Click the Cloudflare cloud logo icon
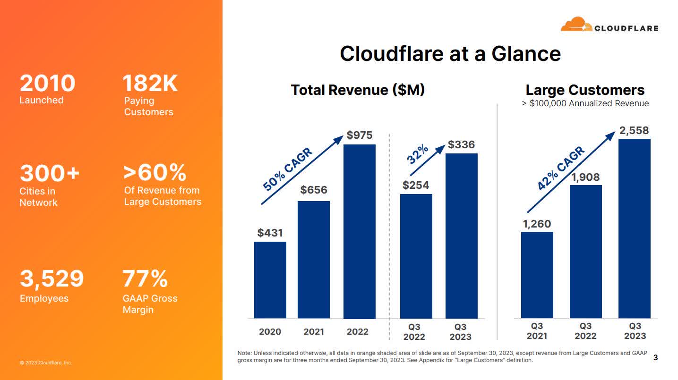576,25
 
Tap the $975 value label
360,135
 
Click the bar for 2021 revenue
313,259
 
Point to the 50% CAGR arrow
302,170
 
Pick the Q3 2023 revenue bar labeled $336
461,236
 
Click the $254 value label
416,185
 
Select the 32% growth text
418,154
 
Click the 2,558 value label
634,130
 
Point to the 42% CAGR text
561,169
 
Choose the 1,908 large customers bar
585,251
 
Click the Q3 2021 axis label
537,331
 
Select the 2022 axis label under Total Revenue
357,331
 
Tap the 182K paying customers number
150,84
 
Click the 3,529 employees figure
51,279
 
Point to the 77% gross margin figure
145,279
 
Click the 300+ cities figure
50,173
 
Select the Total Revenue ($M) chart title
358,90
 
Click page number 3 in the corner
655,357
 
